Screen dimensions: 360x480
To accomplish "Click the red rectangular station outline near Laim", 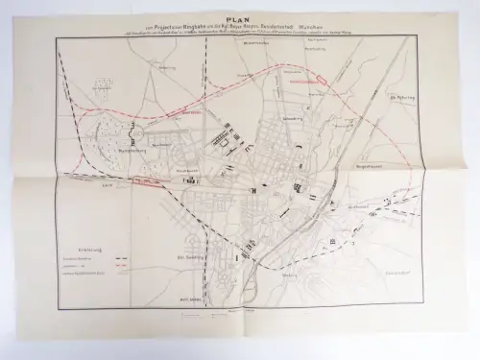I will [x=146, y=180].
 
